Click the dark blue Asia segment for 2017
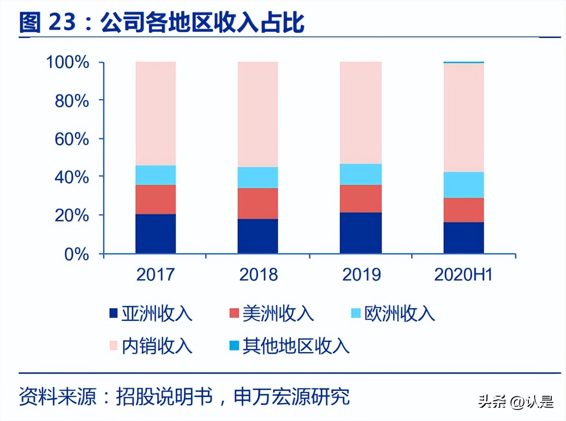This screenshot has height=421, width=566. coord(156,234)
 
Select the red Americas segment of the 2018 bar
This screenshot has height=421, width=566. coord(258,203)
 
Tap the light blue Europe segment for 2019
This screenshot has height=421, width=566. coord(360,174)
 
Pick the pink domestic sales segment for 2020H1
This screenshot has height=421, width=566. coord(463,118)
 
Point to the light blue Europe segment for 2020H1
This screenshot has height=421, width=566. coord(463,185)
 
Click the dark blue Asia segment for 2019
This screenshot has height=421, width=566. coord(360,233)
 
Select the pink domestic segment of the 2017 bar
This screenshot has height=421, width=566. coord(156,114)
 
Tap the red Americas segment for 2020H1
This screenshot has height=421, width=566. coord(463,210)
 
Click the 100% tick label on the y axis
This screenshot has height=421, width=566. coord(68,62)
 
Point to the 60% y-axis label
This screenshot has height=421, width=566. coord(72,139)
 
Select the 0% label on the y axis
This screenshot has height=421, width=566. coord(77,254)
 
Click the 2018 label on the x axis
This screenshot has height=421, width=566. coord(258,275)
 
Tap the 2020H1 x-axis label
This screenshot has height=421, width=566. coord(463,275)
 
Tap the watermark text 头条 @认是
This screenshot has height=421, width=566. coord(516,402)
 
